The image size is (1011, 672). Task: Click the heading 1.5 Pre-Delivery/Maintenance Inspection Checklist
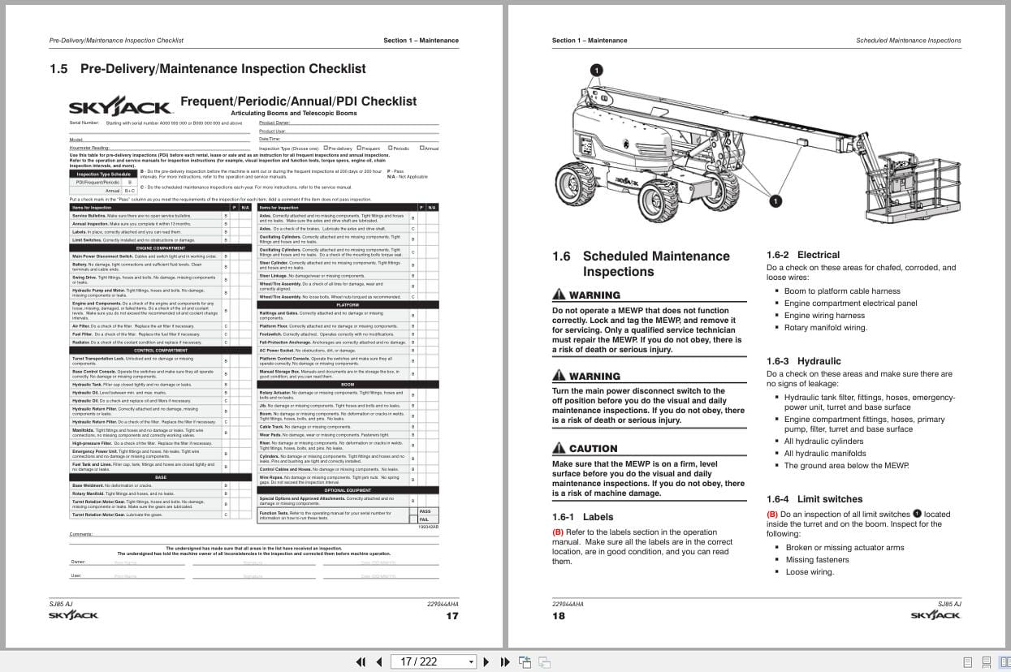pos(207,69)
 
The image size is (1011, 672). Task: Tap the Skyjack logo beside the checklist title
pos(119,107)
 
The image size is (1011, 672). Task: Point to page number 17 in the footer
pos(452,616)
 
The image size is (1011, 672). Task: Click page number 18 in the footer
pos(559,616)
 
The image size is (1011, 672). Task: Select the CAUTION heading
pos(585,449)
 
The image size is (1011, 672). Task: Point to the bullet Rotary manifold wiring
pos(825,328)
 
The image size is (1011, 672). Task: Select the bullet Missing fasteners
pos(817,560)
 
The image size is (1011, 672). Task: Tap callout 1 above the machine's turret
pos(597,71)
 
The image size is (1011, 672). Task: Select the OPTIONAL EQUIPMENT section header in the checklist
pos(348,490)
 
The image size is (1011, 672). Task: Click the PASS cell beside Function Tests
pos(425,511)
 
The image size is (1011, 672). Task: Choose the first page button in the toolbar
pos(361,662)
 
